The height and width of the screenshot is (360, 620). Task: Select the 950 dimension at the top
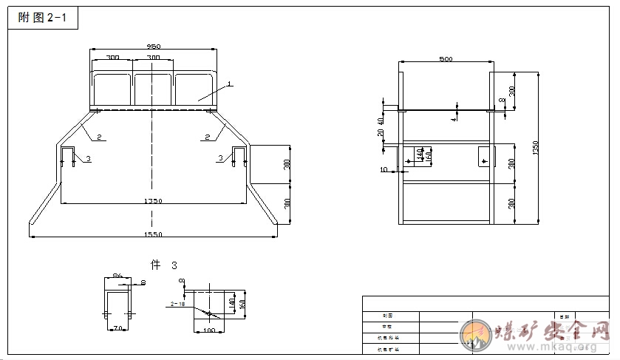click(x=153, y=46)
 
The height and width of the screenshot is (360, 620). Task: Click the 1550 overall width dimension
click(x=153, y=234)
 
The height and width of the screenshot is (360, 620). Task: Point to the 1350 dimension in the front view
click(x=153, y=200)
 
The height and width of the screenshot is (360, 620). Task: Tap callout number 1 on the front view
click(x=230, y=84)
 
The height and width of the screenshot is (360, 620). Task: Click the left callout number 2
click(x=98, y=136)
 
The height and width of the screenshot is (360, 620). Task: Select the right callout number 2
click(x=207, y=136)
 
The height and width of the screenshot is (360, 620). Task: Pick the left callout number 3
click(x=88, y=158)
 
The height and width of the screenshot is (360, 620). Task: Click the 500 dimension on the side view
click(x=446, y=58)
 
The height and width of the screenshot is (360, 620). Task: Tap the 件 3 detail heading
click(x=164, y=264)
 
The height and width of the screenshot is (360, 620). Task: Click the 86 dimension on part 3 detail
click(x=117, y=276)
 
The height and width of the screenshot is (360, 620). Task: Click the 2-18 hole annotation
click(x=177, y=303)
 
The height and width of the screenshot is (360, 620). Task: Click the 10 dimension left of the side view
click(x=384, y=169)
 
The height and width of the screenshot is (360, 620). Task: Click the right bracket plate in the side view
click(x=484, y=155)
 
